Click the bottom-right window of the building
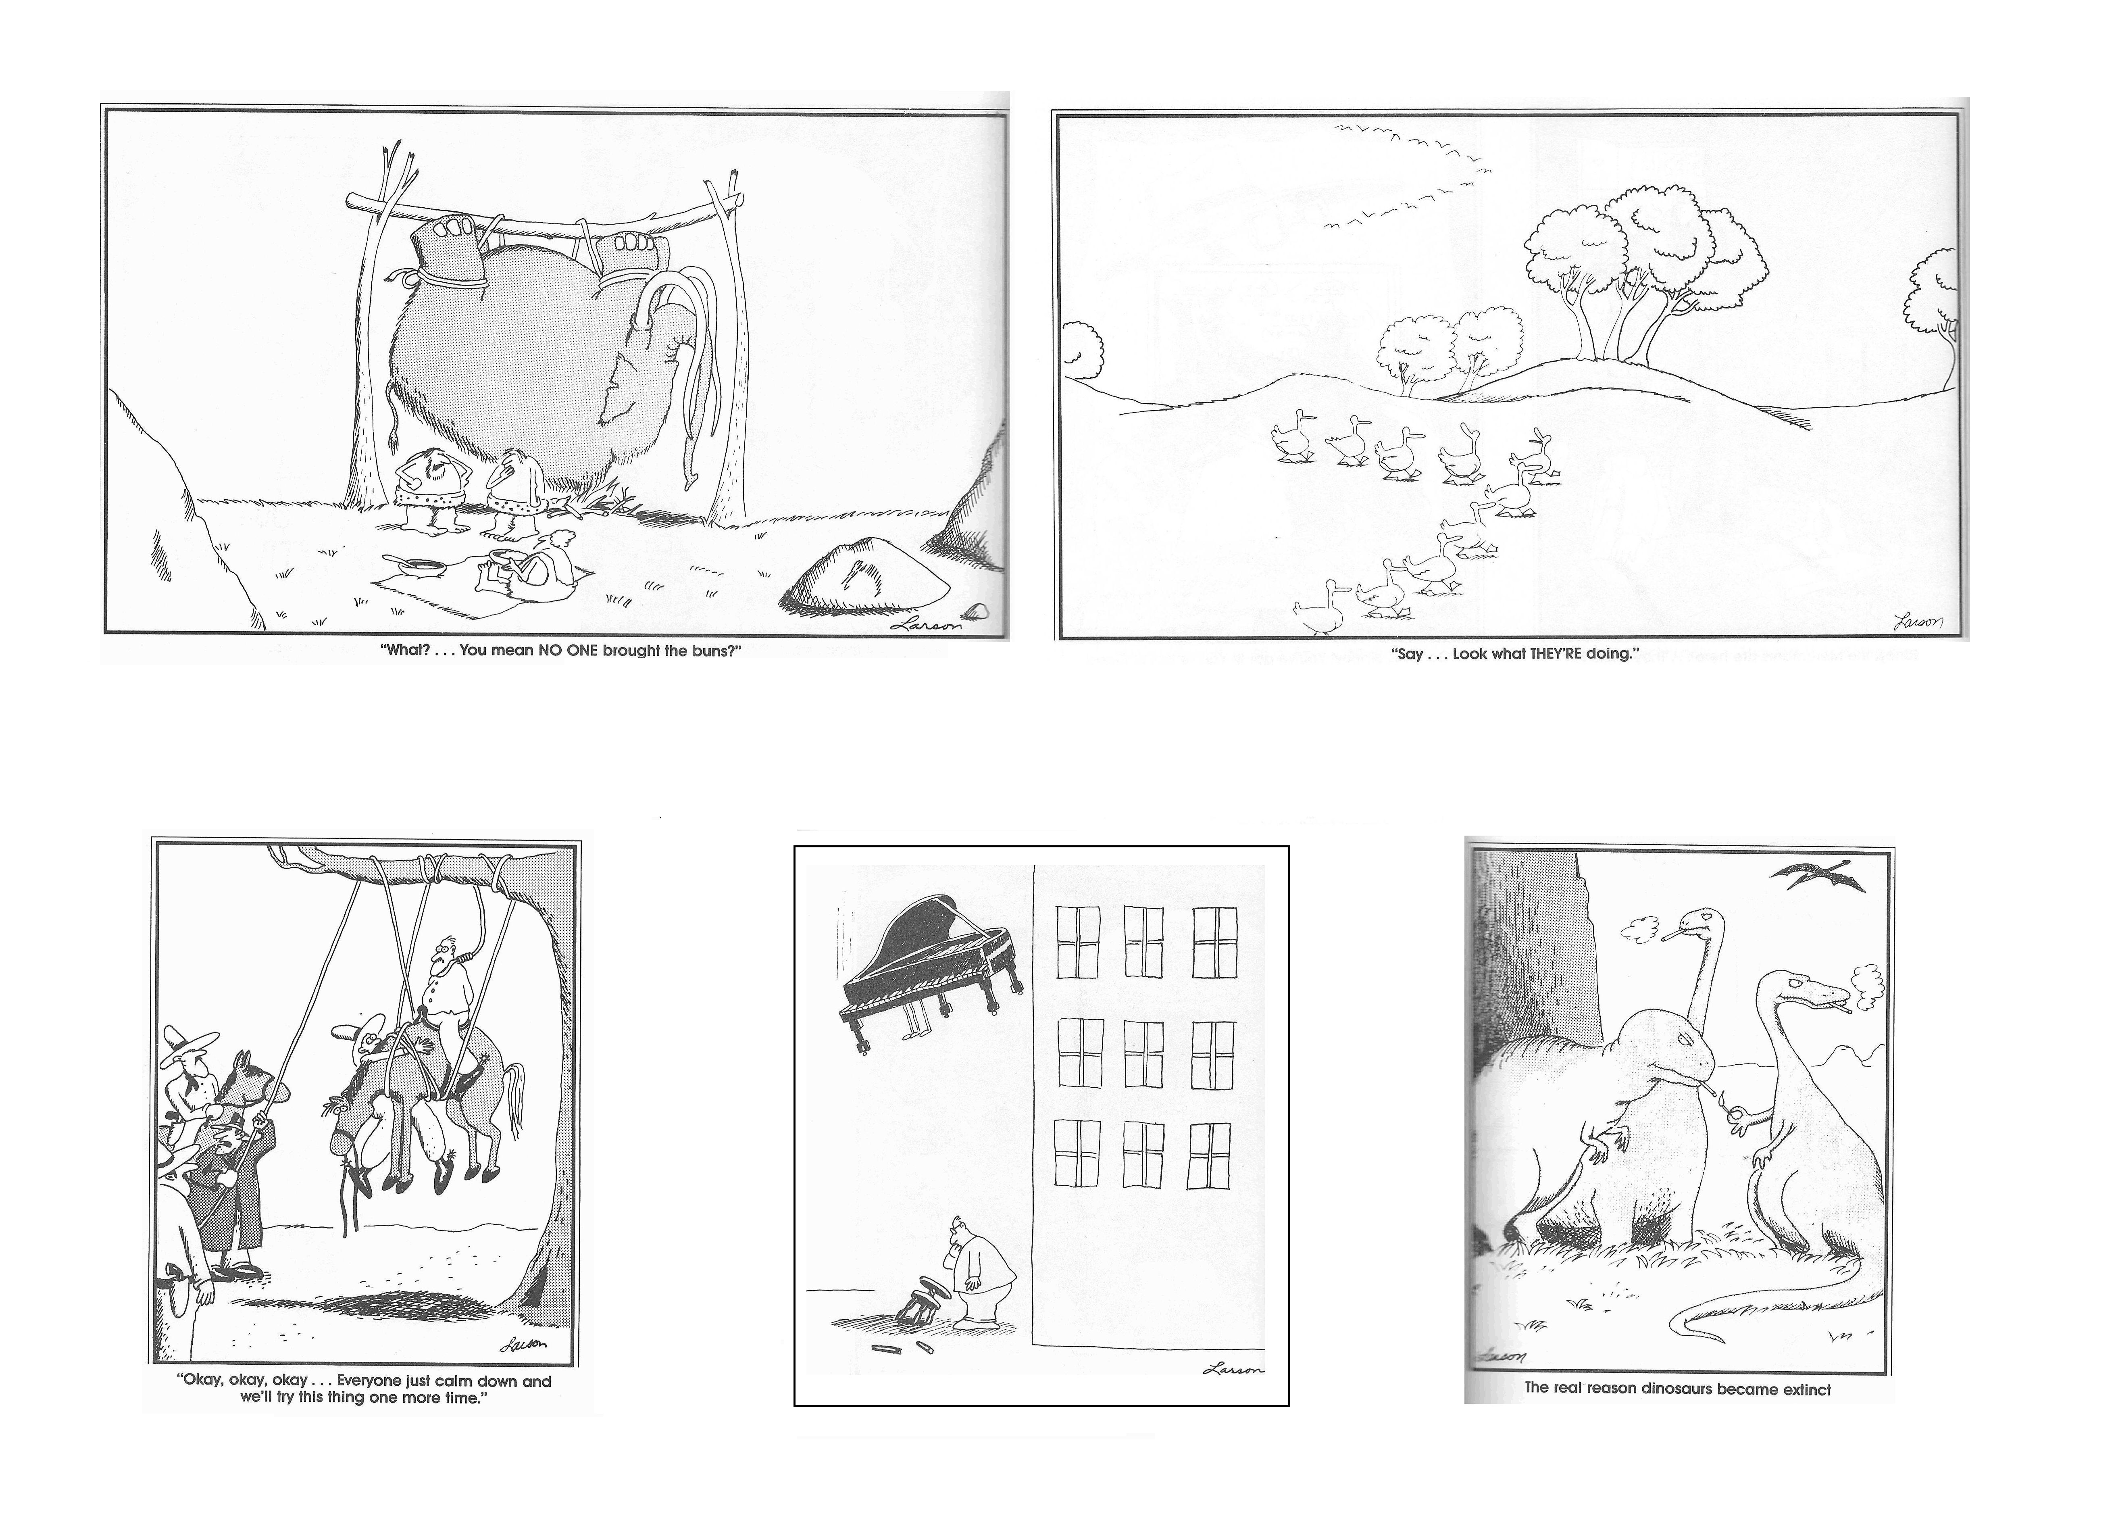pyautogui.click(x=1209, y=1155)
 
